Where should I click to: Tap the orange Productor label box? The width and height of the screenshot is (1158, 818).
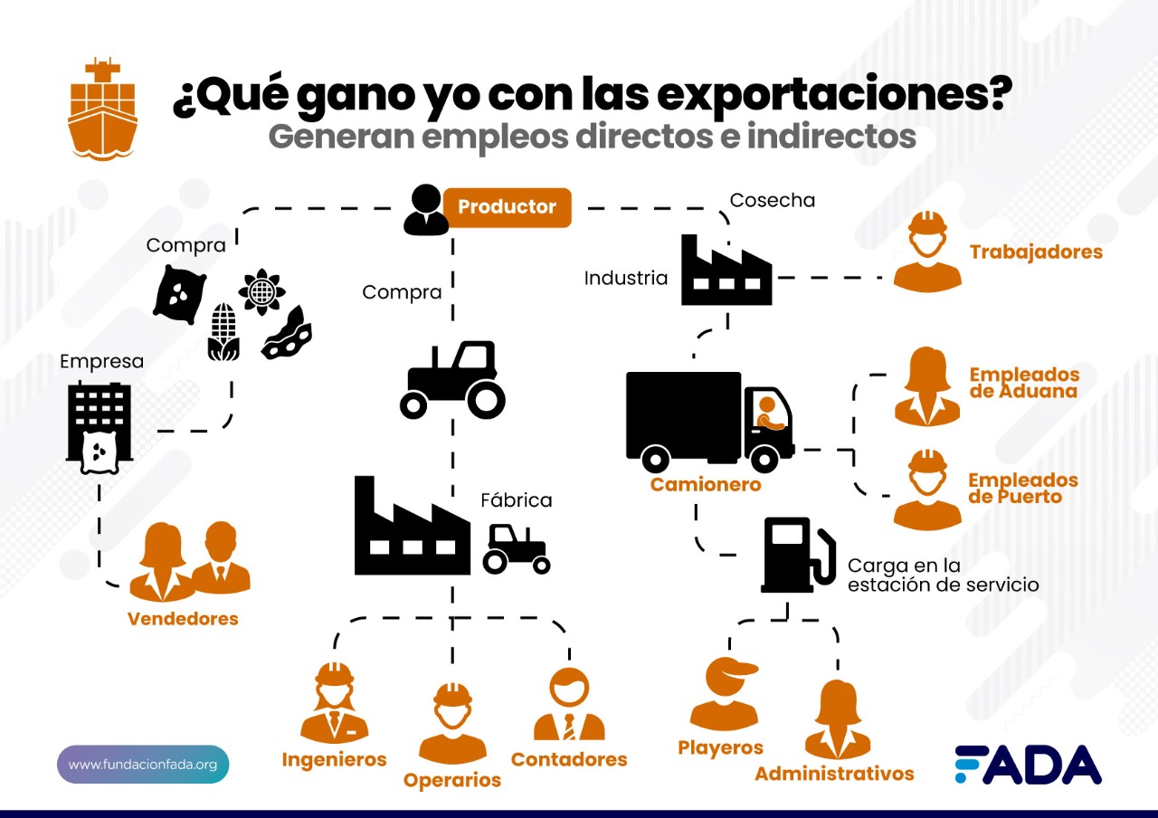pyautogui.click(x=508, y=207)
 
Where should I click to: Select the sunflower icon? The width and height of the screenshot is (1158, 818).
pyautogui.click(x=262, y=291)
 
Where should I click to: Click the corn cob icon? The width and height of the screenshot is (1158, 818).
pyautogui.click(x=223, y=331)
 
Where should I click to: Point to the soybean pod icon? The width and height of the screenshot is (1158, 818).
pyautogui.click(x=287, y=334)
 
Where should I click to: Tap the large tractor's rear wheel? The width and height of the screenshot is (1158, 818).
pyautogui.click(x=486, y=400)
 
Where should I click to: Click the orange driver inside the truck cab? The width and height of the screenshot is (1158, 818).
pyautogui.click(x=768, y=414)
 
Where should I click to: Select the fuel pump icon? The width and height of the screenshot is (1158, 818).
pyautogui.click(x=797, y=555)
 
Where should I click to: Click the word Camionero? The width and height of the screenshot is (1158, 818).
pyautogui.click(x=706, y=484)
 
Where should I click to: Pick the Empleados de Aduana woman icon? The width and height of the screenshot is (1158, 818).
pyautogui.click(x=927, y=386)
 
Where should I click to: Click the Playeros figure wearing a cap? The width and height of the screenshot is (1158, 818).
pyautogui.click(x=725, y=694)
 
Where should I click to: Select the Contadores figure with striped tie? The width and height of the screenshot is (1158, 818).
pyautogui.click(x=569, y=704)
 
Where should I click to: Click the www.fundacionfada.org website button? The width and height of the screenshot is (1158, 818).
pyautogui.click(x=143, y=765)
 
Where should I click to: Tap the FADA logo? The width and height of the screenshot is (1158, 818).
pyautogui.click(x=1029, y=765)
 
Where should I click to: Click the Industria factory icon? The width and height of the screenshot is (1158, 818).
pyautogui.click(x=726, y=270)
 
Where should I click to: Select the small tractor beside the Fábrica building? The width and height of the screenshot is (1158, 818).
pyautogui.click(x=516, y=549)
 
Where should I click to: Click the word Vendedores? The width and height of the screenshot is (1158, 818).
pyautogui.click(x=183, y=618)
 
